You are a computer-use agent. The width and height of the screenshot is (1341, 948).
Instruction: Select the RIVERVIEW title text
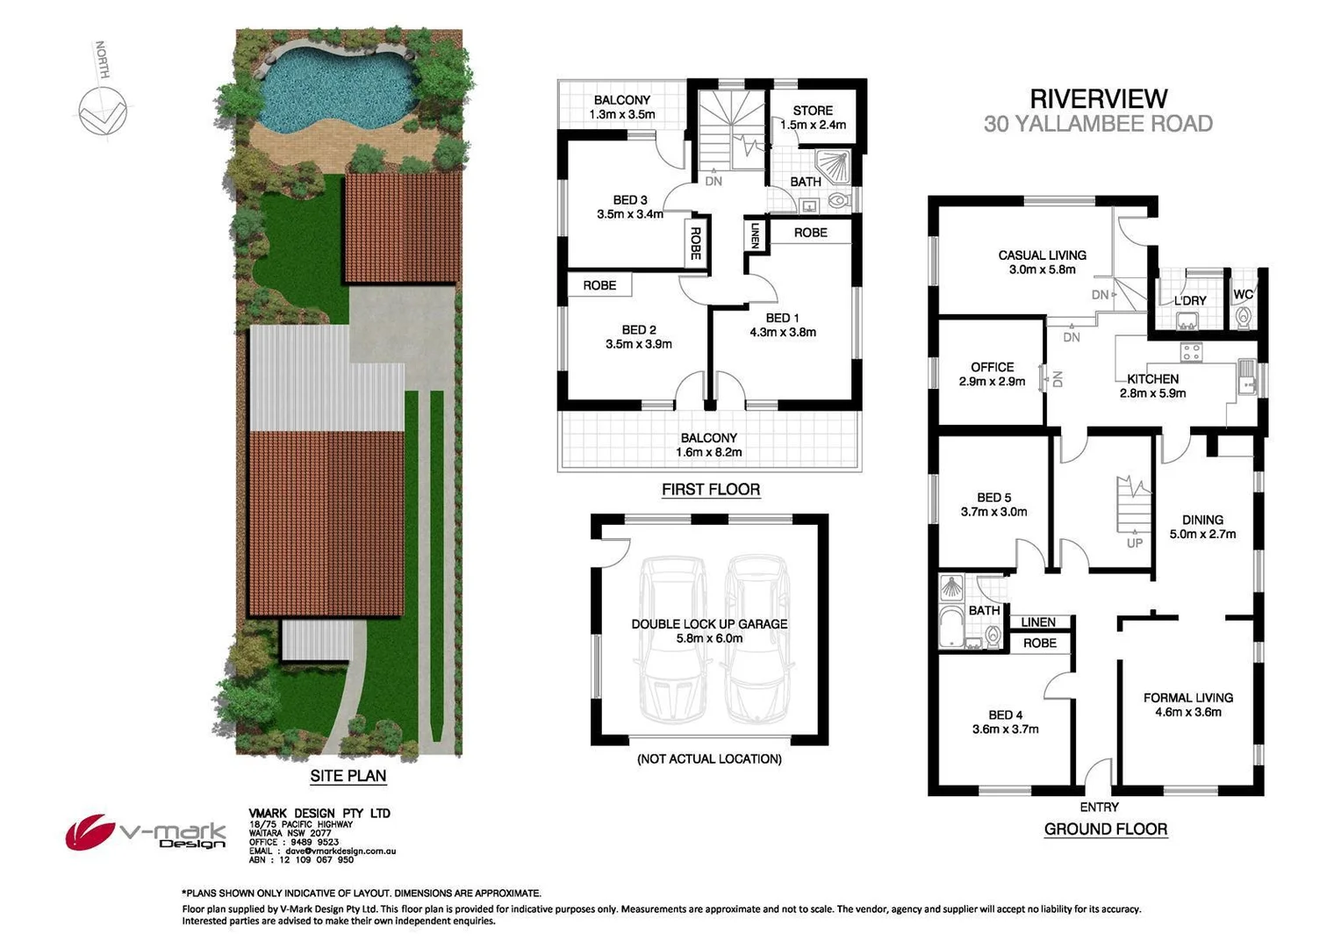[x=1098, y=98]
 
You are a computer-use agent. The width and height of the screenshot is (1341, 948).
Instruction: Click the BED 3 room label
[x=630, y=200]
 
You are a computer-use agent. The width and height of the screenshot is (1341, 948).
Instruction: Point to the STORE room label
[x=813, y=111]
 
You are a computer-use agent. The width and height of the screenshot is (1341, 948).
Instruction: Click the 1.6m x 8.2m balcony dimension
[x=708, y=453]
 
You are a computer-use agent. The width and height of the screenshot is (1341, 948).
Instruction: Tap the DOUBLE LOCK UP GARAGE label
[x=709, y=624]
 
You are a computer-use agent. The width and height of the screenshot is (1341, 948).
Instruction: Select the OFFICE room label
[x=992, y=367]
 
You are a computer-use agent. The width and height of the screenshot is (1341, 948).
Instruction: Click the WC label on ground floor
[x=1243, y=294]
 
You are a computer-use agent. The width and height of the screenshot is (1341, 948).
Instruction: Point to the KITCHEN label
[x=1152, y=379]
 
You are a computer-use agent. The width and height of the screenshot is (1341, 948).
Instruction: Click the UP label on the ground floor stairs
[x=1135, y=543]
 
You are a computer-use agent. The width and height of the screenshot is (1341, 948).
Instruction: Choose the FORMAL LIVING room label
[x=1187, y=698]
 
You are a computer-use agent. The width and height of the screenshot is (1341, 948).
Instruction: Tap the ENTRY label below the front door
[x=1099, y=807]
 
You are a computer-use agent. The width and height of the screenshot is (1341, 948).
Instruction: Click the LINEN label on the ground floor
[x=1038, y=622]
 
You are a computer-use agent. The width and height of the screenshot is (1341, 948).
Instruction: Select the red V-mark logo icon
[x=90, y=832]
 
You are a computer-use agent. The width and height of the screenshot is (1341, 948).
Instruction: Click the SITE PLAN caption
[x=348, y=776]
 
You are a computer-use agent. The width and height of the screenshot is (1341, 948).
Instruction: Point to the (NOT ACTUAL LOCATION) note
[x=709, y=758]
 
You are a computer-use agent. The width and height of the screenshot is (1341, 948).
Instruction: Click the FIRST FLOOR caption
[x=710, y=490]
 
